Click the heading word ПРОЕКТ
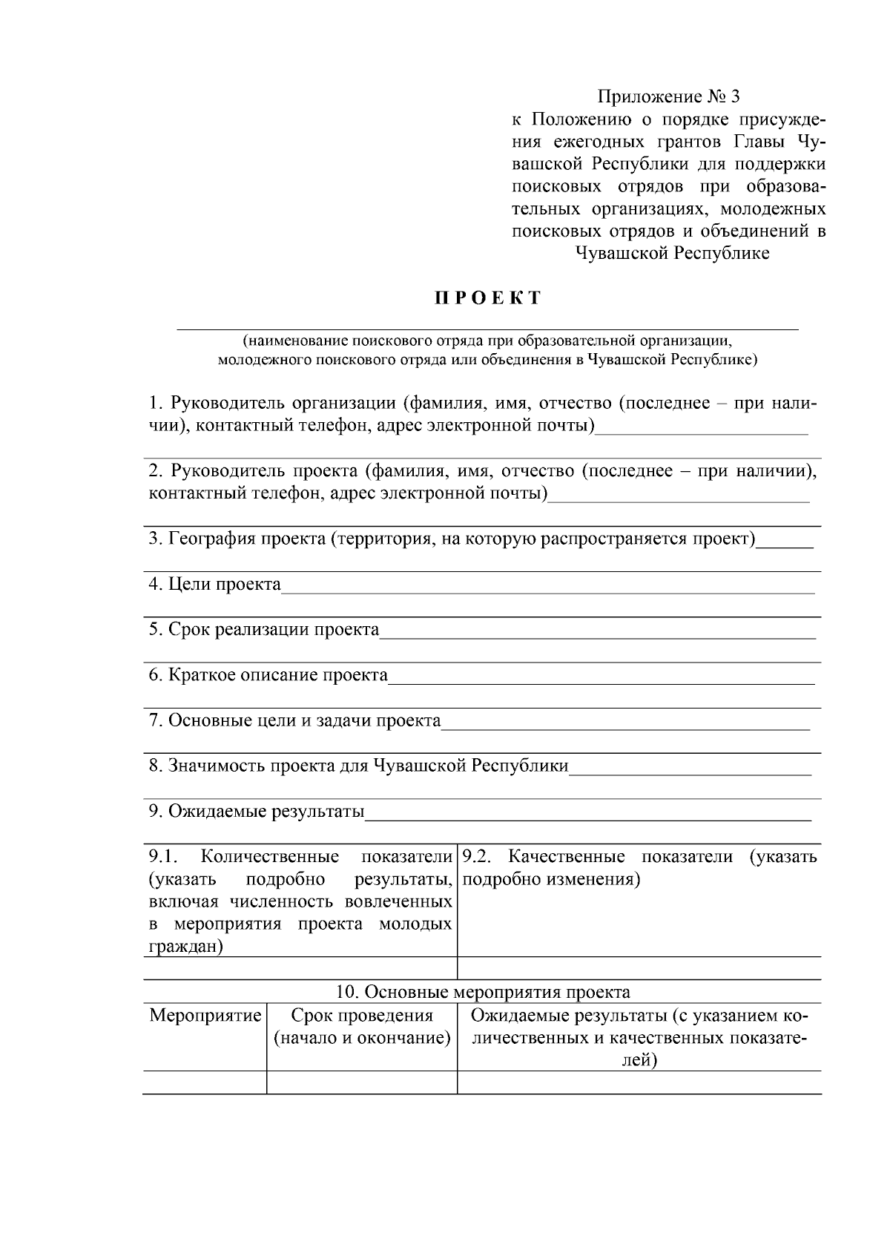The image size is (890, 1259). (x=487, y=299)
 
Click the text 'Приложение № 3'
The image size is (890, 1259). (x=668, y=96)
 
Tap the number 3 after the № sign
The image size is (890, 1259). (x=735, y=96)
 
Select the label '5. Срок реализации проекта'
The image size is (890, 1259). (x=264, y=630)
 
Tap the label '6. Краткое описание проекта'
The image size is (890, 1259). (x=268, y=675)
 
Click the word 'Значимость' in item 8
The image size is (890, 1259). (x=216, y=766)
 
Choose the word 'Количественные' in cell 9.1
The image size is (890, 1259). (x=270, y=857)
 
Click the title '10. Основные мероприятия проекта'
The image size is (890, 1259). (x=483, y=992)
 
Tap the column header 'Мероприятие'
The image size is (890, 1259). (x=205, y=1015)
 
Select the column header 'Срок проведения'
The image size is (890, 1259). (x=362, y=1015)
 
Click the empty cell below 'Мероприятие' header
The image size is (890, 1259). (x=205, y=1082)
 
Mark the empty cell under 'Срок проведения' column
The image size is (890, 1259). (x=362, y=1082)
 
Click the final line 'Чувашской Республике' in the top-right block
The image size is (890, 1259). (x=672, y=254)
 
